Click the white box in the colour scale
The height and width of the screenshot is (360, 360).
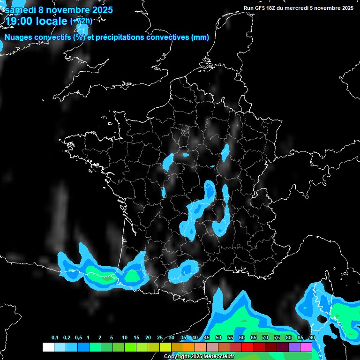pos(48,347)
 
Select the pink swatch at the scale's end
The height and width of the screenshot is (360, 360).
pos(306,347)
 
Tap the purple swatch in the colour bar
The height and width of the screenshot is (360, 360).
pos(294,347)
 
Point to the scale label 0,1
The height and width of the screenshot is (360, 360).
pos(55,338)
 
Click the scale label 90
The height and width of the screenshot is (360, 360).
pos(312,338)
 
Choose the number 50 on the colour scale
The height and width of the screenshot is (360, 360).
pos(218,338)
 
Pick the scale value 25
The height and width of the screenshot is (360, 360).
pos(160,338)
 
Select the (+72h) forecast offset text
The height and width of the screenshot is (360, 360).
pos(81,21)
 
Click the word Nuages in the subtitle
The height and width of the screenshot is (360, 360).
pos(18,37)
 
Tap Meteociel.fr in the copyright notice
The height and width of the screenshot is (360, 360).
pos(216,357)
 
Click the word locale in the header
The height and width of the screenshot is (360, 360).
pos(51,21)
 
